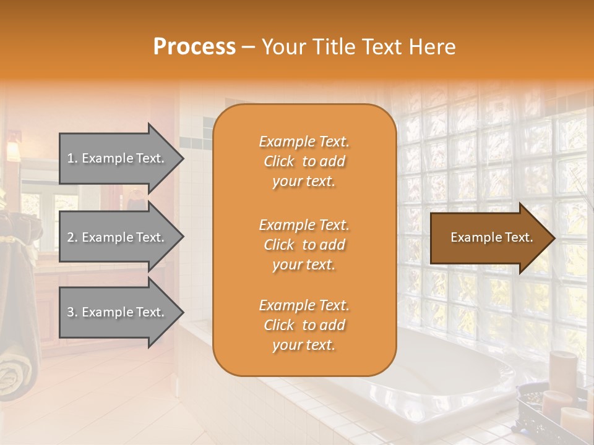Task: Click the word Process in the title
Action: tap(194, 47)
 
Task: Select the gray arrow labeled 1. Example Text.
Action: tap(118, 158)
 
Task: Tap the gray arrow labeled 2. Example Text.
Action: tap(118, 237)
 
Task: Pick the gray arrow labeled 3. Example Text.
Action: tap(118, 312)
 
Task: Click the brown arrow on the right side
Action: tap(489, 238)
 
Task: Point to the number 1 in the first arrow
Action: tap(71, 158)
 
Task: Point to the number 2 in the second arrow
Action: tap(71, 237)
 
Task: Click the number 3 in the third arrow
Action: tap(71, 312)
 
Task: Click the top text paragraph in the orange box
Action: tap(304, 161)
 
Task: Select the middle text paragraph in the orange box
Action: tap(304, 245)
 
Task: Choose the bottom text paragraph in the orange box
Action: tap(304, 325)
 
